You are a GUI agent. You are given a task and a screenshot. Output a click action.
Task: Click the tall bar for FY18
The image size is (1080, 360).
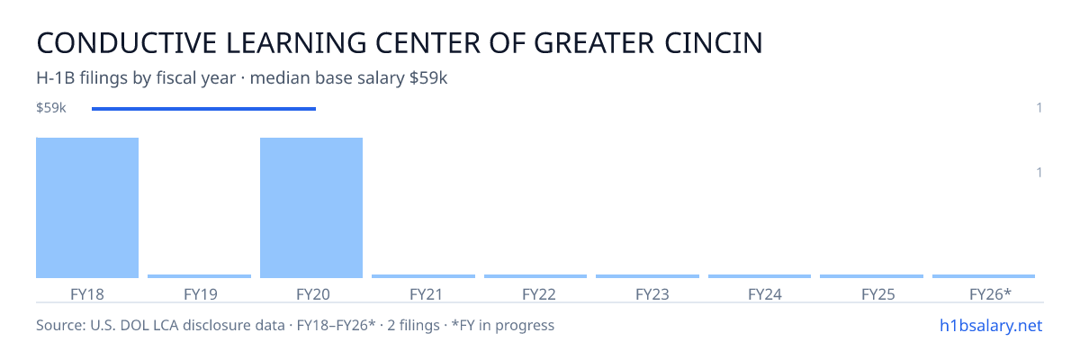point(87,208)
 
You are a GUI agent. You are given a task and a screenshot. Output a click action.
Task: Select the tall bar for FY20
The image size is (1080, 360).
point(311,208)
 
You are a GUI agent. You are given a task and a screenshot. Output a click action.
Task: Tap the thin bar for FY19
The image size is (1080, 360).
point(199,276)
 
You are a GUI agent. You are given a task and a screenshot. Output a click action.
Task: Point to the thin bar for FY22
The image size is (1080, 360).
point(535,276)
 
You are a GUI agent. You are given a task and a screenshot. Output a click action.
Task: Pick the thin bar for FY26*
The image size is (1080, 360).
point(984,276)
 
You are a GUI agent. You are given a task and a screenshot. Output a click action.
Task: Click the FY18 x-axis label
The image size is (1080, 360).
point(87,294)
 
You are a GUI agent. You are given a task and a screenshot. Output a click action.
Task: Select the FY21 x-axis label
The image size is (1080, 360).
point(427,294)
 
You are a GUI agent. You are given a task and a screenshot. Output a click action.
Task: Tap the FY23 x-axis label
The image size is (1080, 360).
point(652,294)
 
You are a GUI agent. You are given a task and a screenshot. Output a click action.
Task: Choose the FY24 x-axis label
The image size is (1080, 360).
point(765,294)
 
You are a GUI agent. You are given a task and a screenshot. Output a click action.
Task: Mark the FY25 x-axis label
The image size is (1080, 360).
point(878,294)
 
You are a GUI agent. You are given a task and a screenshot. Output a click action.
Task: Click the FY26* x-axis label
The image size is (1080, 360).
point(990,294)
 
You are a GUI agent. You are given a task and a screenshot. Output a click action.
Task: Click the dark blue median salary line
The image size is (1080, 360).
point(204,109)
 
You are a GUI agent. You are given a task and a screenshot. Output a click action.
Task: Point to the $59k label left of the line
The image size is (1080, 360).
point(51,107)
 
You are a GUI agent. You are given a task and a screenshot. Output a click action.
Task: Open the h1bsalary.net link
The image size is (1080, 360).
point(991,325)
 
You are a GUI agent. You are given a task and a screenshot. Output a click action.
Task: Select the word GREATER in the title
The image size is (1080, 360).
point(594,43)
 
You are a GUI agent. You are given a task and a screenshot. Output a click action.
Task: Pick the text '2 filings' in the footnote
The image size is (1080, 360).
point(413,325)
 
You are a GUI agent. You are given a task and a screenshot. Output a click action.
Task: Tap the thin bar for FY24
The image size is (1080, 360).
point(760,276)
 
